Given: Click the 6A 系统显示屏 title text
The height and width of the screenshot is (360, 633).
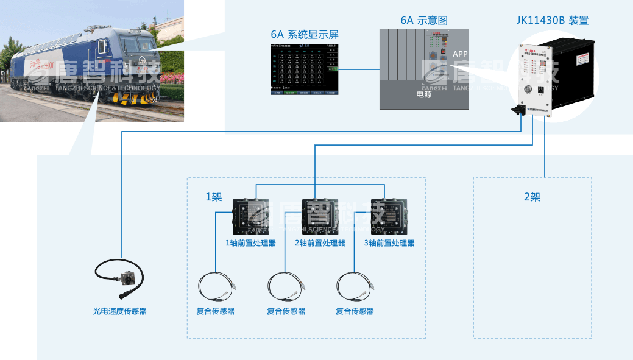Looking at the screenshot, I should [304, 34].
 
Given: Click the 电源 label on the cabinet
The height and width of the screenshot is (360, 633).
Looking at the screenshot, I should [424, 94].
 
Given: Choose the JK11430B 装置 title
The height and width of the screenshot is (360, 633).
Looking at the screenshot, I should [552, 21].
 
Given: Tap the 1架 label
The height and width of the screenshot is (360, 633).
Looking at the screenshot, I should [213, 197].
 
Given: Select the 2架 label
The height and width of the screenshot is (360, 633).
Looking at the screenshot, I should [532, 197].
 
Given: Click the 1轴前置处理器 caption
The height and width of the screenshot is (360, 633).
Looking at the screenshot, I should [251, 243].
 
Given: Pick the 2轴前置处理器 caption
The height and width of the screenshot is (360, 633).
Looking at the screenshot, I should [320, 243].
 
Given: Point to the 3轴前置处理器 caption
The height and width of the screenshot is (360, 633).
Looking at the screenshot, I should [389, 243].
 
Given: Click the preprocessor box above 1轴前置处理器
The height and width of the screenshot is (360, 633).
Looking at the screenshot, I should [251, 216].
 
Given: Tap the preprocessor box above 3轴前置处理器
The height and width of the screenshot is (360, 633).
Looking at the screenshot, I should [389, 216].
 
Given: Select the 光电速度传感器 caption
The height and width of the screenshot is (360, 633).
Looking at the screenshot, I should [119, 311].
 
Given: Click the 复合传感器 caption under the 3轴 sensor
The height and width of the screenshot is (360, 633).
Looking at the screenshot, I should [355, 311].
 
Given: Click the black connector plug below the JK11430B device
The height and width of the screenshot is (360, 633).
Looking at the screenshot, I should [520, 110].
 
